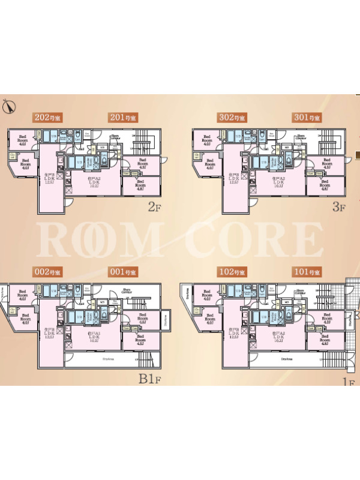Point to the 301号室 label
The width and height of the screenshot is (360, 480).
click(x=308, y=118)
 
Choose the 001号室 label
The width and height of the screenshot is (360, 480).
click(x=124, y=272)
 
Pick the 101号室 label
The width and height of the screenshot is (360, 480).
click(x=308, y=272)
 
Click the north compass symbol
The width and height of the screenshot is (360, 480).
click(x=8, y=106)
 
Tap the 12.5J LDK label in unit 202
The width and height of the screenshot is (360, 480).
click(x=49, y=179)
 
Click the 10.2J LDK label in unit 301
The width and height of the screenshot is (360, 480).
click(x=277, y=182)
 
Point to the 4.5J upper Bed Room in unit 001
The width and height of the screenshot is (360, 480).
click(x=142, y=319)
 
